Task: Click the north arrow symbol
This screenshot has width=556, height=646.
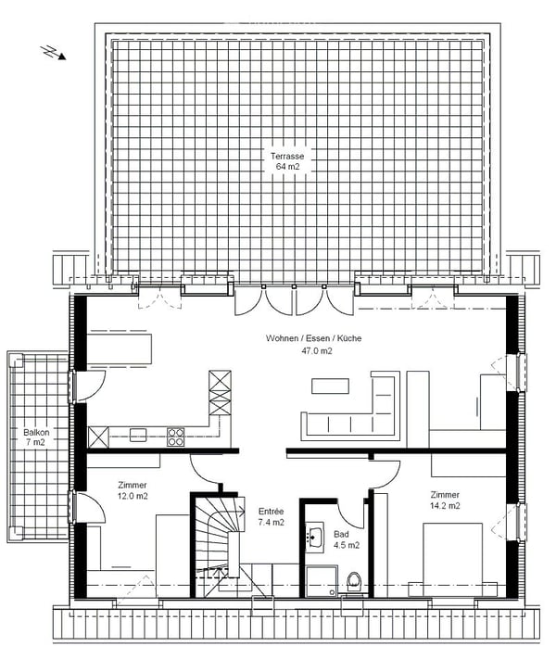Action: click(x=53, y=52)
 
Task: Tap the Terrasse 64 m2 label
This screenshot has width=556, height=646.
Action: click(x=287, y=161)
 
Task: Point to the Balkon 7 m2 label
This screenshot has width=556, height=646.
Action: click(x=36, y=437)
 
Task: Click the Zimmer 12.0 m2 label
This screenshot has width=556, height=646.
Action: click(x=133, y=490)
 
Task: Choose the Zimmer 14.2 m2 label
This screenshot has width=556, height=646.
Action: click(x=445, y=500)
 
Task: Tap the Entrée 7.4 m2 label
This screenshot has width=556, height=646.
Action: click(x=271, y=516)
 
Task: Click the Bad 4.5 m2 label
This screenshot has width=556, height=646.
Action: click(x=347, y=539)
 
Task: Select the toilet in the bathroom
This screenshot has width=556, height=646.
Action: click(x=354, y=582)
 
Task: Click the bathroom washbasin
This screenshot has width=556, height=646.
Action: click(x=315, y=535)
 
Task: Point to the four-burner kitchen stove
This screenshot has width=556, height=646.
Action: click(x=175, y=437)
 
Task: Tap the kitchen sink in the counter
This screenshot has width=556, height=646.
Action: click(x=138, y=435)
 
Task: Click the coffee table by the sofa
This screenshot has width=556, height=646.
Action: click(x=330, y=386)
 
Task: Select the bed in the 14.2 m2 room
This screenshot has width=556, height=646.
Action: click(x=452, y=559)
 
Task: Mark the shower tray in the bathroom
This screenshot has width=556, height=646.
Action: click(x=322, y=581)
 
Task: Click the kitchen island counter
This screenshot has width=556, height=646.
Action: click(x=120, y=348)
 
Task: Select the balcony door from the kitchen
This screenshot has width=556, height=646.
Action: click(x=89, y=386)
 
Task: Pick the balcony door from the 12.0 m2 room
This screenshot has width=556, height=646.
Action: click(x=89, y=508)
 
